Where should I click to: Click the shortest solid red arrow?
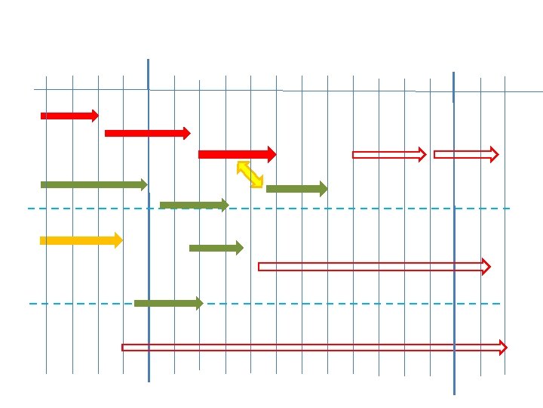pos(69,116)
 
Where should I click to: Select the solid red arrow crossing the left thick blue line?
pos(147,133)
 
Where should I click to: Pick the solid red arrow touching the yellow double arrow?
pos(236,154)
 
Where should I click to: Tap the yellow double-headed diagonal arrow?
pos(250,174)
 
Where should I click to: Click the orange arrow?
pos(80,241)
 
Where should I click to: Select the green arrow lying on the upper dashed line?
pos(193,205)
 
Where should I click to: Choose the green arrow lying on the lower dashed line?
pos(167,304)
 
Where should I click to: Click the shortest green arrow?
pos(216,248)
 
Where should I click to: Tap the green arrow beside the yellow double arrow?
pos(296,189)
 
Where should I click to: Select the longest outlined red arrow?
pos(314,348)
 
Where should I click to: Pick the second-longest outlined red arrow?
pos(373,266)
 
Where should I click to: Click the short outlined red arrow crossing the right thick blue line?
pos(465,154)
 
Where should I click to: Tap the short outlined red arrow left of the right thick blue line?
pos(388,155)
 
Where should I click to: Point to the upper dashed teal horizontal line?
pos(377,208)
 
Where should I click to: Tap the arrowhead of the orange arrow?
pos(118,241)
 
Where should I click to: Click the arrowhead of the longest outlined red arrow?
pos(502,348)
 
